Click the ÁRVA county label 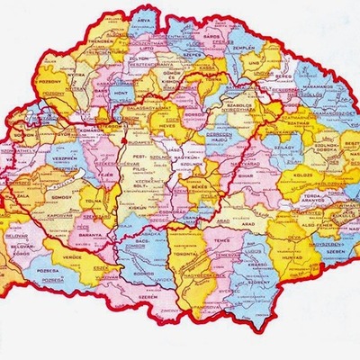pyautogui.click(x=142, y=17)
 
